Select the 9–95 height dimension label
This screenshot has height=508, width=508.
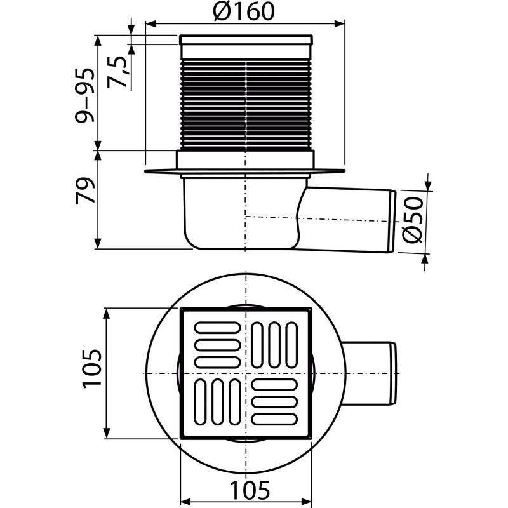click(x=87, y=95)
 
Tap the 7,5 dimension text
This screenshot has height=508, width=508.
click(x=119, y=65)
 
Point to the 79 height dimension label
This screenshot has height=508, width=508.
click(x=87, y=190)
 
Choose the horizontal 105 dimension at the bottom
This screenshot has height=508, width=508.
click(x=248, y=490)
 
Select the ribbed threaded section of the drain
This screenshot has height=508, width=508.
click(x=246, y=105)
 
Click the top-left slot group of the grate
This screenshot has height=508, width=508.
click(x=217, y=344)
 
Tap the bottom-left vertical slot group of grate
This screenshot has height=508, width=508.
click(x=216, y=402)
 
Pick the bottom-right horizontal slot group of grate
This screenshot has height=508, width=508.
click(x=275, y=402)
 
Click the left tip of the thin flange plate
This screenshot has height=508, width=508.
click(x=146, y=171)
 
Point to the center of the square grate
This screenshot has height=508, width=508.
click(x=246, y=373)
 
